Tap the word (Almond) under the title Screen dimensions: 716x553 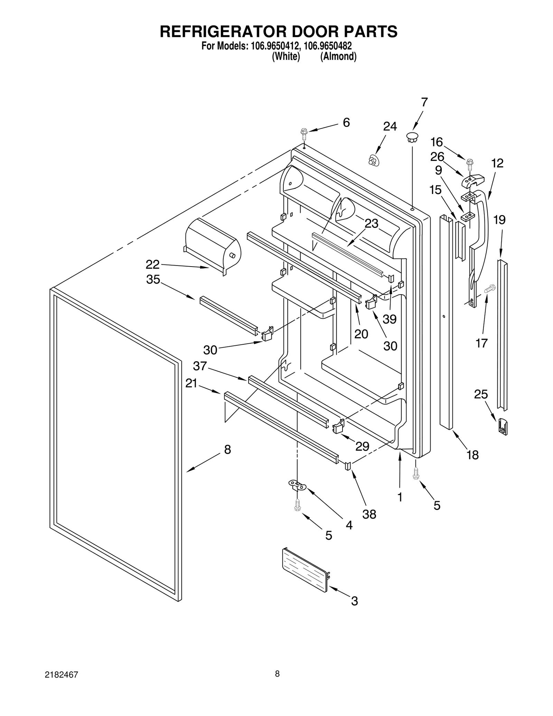coord(338,56)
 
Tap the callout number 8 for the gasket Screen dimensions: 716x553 coord(227,449)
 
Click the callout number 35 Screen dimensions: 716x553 coord(153,279)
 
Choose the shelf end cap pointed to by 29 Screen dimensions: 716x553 coord(338,428)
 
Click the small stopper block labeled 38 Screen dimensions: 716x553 coord(348,465)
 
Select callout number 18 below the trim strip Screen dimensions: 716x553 coord(472,455)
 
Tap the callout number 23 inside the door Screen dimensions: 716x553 coord(371,224)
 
